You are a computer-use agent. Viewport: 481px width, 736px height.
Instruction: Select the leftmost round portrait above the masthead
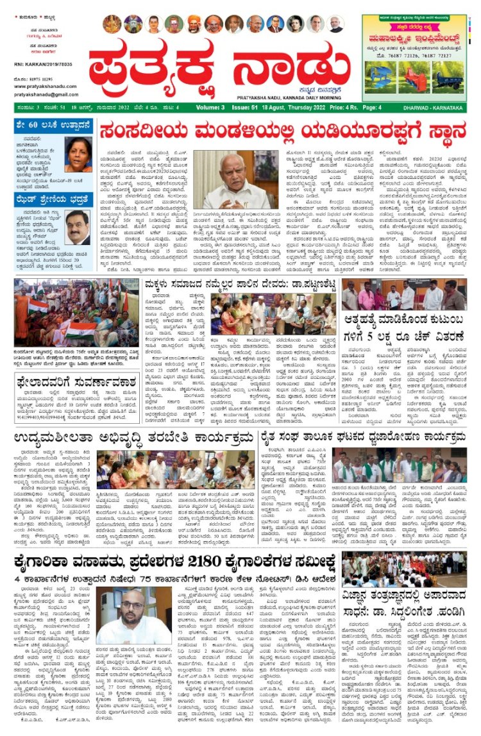(112, 24)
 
